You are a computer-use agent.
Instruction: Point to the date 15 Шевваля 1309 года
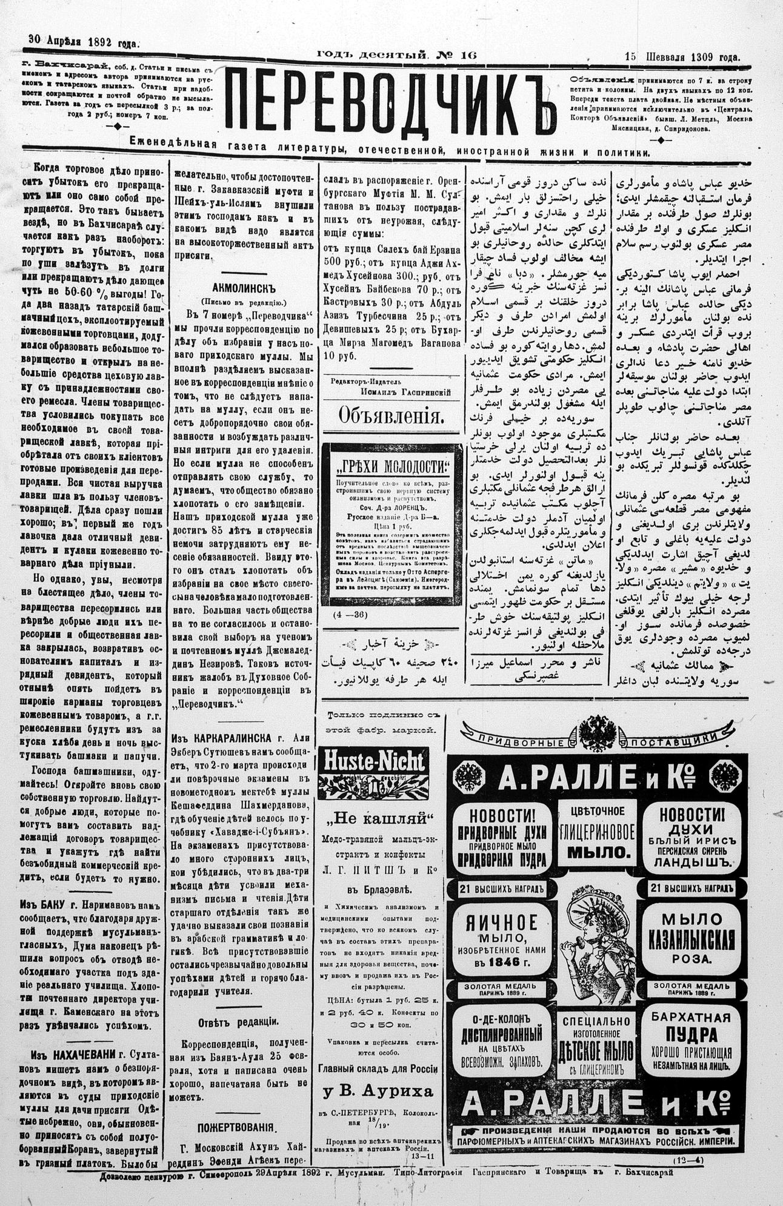click(x=682, y=57)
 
